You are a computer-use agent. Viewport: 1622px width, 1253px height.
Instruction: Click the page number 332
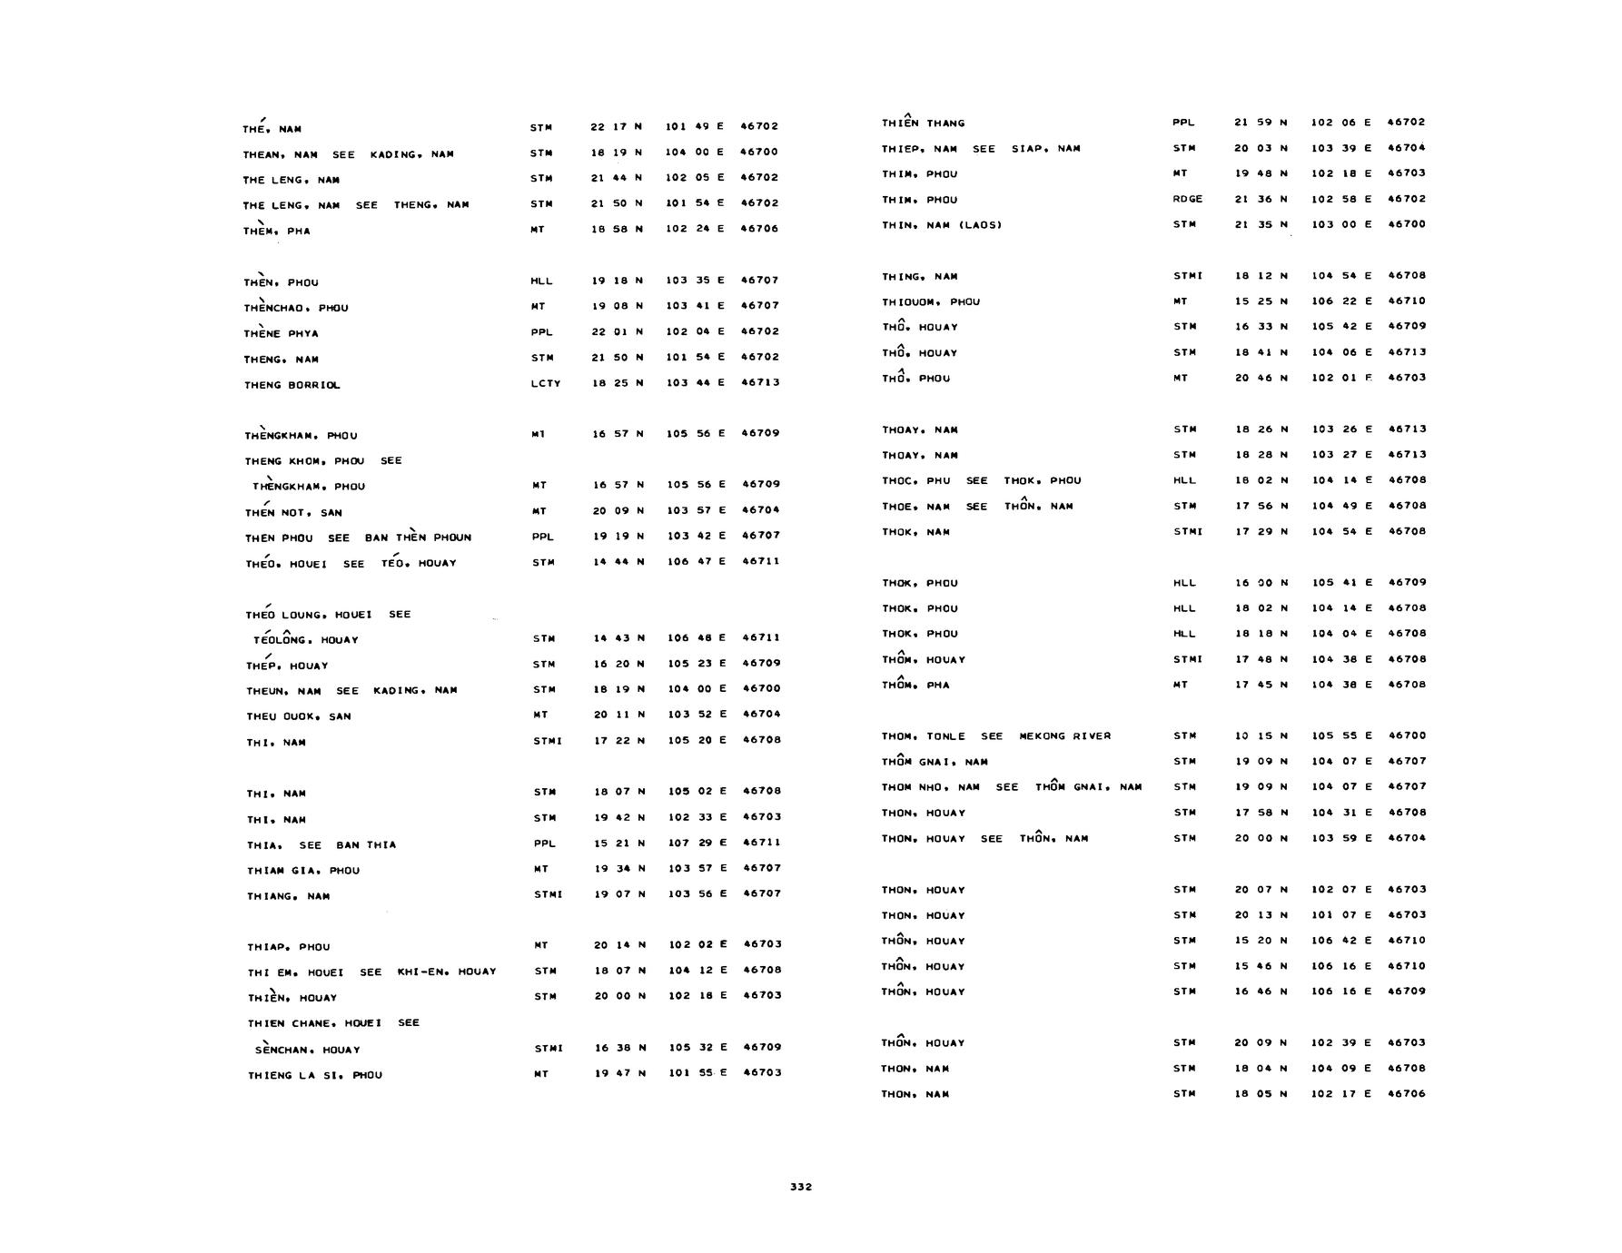tap(800, 1187)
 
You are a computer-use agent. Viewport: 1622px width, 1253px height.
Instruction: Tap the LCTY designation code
tap(545, 383)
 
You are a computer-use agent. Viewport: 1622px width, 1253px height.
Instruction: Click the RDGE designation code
tap(1187, 199)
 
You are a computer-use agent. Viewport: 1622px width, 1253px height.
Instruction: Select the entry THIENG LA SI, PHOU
tap(314, 1076)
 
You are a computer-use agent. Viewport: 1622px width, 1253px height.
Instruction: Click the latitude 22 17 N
tap(616, 126)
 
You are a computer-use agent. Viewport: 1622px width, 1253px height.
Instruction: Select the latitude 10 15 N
tap(1261, 735)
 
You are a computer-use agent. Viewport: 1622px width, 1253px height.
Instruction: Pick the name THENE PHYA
tap(281, 333)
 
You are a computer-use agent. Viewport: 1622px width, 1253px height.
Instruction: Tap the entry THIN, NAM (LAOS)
tap(941, 225)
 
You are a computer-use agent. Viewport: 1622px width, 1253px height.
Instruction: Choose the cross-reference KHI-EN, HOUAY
tap(446, 972)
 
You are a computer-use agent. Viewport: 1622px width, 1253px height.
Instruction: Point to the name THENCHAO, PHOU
tap(295, 308)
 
